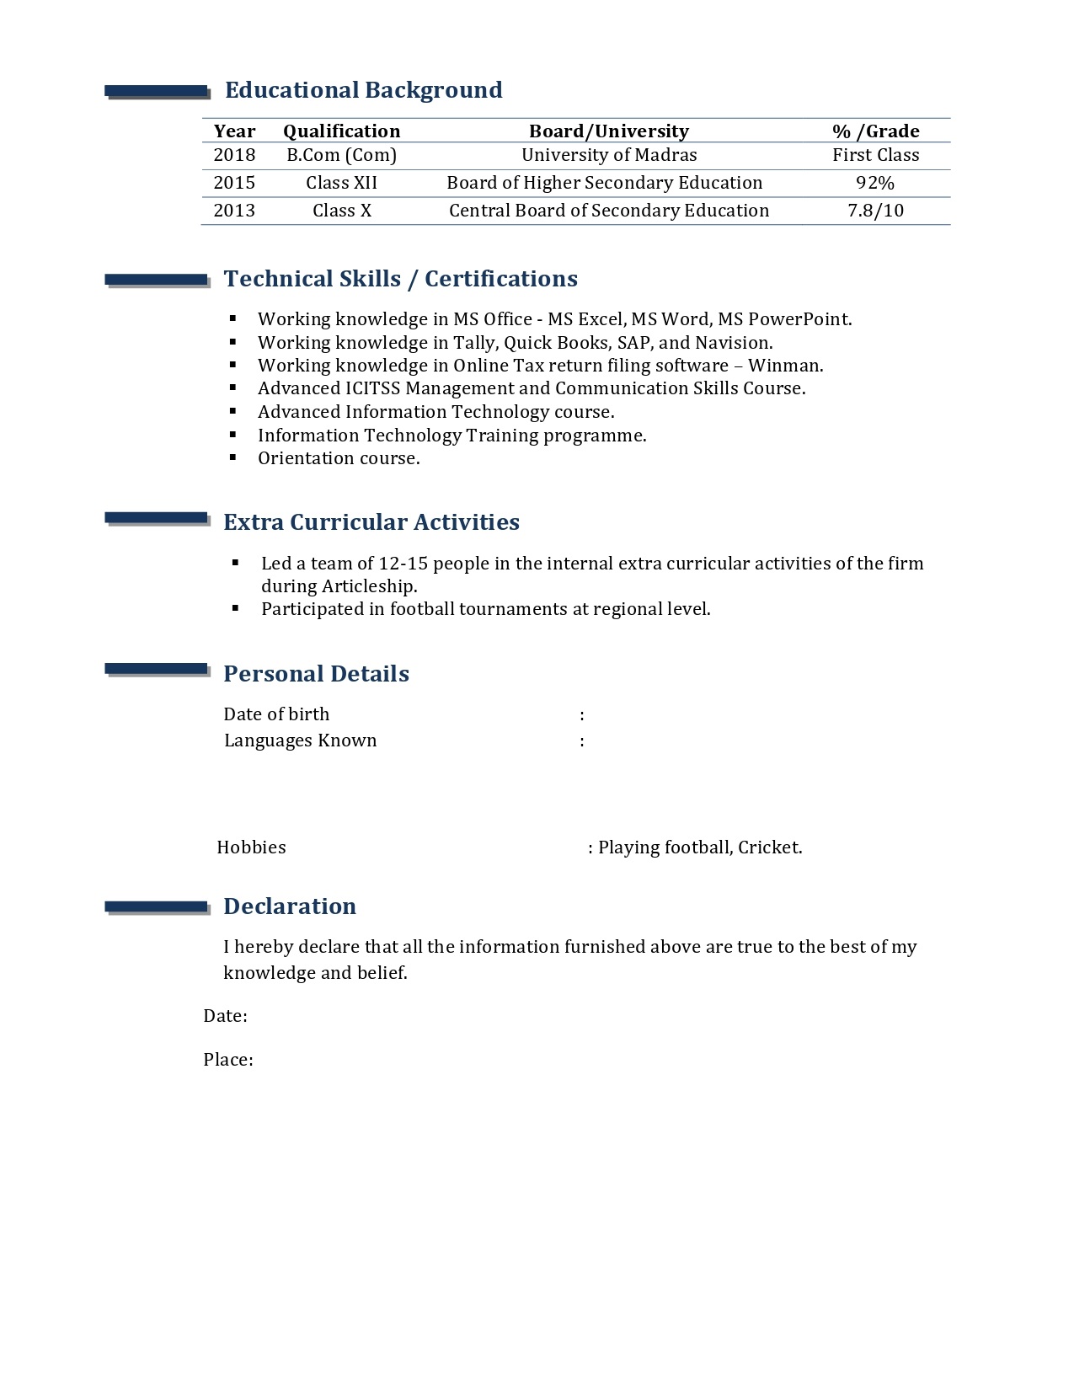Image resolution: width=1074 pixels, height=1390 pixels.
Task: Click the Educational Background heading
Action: [x=363, y=90]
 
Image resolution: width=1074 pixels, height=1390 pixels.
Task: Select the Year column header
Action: [x=234, y=131]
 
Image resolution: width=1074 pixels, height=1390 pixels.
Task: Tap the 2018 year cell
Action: [x=234, y=155]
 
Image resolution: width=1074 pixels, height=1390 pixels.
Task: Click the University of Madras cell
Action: [x=609, y=155]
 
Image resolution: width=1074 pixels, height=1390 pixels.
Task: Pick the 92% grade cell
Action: [x=875, y=183]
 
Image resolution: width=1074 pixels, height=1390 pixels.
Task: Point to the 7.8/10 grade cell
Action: [x=875, y=211]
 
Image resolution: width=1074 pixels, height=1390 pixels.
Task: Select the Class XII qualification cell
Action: [x=341, y=183]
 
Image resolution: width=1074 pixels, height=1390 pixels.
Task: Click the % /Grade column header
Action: [x=875, y=131]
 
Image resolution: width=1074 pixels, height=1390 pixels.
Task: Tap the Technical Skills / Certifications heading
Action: [x=400, y=279]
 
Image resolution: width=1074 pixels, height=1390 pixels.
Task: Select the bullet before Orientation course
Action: [x=233, y=457]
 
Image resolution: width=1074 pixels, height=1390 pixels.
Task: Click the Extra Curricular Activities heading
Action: [x=371, y=522]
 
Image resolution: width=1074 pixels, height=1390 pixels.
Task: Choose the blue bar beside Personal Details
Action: [x=156, y=670]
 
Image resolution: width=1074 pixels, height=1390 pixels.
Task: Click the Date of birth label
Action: [x=276, y=714]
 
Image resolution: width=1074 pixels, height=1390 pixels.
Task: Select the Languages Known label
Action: [x=300, y=740]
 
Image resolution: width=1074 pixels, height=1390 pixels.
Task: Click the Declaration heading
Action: [x=289, y=906]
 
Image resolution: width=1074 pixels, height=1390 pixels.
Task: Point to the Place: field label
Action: [x=227, y=1060]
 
